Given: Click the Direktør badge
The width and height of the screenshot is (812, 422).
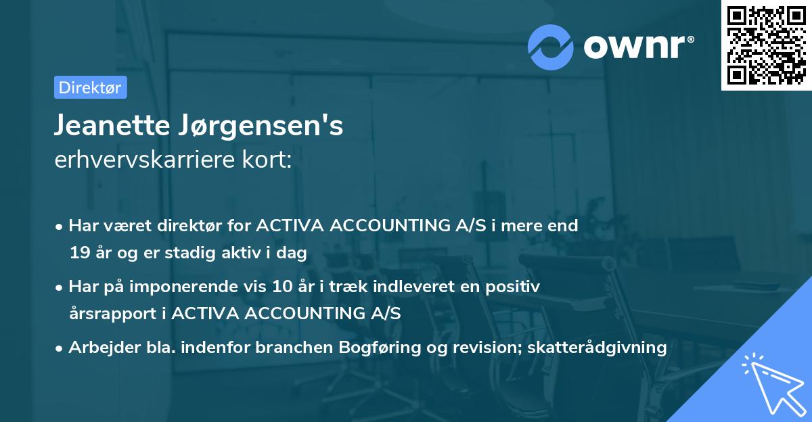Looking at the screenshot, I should click(x=90, y=87).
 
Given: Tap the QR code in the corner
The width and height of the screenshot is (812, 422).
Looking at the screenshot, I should click(x=766, y=45).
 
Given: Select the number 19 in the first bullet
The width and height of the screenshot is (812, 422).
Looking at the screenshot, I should click(x=78, y=254).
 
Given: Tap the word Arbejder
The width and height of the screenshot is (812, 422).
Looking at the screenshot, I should click(x=99, y=348).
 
